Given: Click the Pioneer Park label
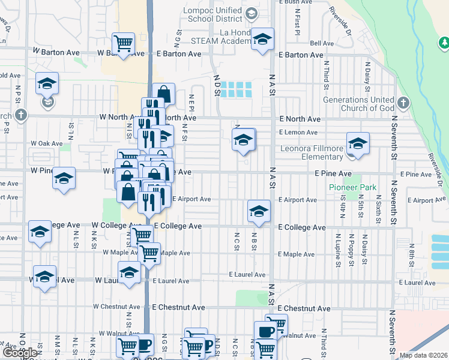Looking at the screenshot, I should (352, 188).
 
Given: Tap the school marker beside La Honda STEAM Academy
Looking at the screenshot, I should (262, 40).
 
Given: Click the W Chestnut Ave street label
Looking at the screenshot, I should (117, 307).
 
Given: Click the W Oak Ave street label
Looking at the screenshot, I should (47, 144).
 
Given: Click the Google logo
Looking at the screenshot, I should (20, 353).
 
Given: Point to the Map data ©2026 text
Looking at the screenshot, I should (423, 355).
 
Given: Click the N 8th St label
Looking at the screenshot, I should (412, 251).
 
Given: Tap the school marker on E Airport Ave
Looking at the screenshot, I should (259, 211).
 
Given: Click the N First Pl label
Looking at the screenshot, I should (297, 24).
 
